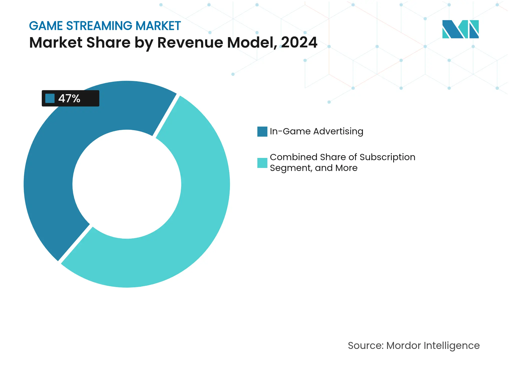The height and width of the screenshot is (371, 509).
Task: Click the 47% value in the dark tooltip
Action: coord(69,99)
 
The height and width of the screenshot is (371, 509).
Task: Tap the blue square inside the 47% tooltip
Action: coord(50,98)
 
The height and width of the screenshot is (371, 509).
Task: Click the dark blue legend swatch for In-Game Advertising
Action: coord(262,132)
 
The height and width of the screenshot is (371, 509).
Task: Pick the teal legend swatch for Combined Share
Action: coord(262,163)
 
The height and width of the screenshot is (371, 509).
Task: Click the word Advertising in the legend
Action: coord(338,132)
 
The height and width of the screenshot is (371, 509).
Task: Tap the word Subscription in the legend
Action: coord(387,157)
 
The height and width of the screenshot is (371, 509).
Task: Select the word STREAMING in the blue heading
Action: coord(99,26)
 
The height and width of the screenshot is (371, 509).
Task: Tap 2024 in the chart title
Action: coord(299,43)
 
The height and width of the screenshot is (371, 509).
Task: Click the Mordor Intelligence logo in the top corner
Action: coord(460,29)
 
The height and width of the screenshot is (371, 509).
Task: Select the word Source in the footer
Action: coord(365,346)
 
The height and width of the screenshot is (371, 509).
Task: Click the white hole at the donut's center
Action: coord(127,184)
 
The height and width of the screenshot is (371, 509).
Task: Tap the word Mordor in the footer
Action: coord(403,346)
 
